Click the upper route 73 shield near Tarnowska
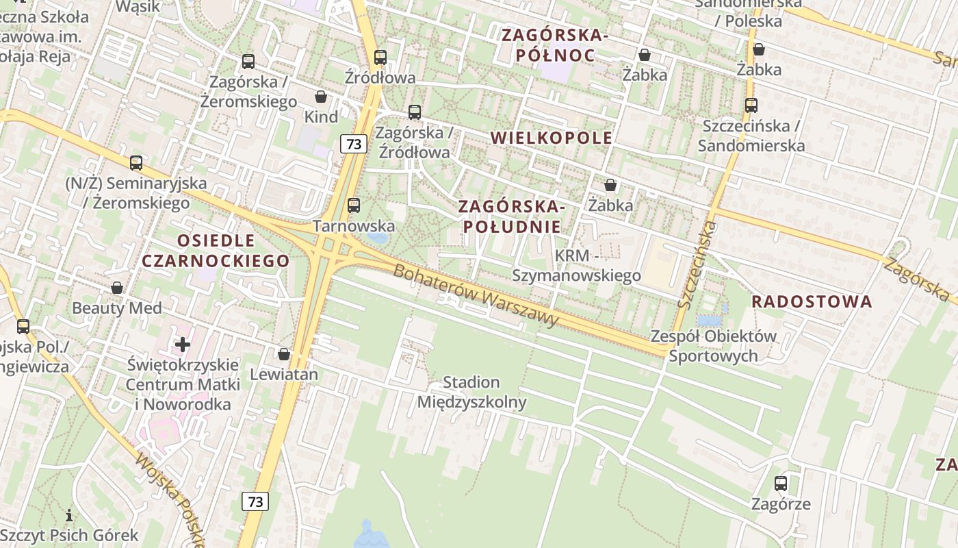353,144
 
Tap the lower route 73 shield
255,501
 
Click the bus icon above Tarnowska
354,205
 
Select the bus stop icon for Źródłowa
380,58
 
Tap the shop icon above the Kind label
320,97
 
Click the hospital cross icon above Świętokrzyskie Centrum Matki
183,345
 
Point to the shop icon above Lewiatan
284,354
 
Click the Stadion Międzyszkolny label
471,392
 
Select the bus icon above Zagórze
781,484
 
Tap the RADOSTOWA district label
812,301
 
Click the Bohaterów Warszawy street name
476,295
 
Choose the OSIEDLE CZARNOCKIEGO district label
216,251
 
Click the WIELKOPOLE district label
552,138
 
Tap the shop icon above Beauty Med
117,288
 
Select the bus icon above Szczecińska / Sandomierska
751,105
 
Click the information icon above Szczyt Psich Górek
68,515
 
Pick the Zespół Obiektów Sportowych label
714,346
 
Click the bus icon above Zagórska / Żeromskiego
248,62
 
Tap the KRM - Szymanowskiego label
577,265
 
